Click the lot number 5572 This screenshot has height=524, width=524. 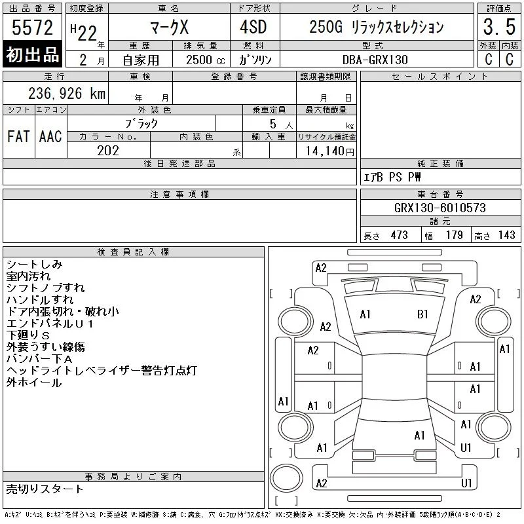click(x=32, y=28)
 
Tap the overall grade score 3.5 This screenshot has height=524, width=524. click(x=499, y=27)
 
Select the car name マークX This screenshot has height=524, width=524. click(x=170, y=27)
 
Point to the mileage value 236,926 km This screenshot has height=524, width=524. click(x=67, y=93)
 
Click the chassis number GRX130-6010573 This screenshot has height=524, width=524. click(x=440, y=208)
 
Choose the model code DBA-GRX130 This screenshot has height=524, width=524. click(x=375, y=60)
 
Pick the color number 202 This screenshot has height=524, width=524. click(x=108, y=151)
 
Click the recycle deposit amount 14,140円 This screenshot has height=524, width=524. click(x=330, y=151)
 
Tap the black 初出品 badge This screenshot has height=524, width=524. click(x=32, y=54)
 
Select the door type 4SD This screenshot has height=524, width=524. click(x=253, y=27)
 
